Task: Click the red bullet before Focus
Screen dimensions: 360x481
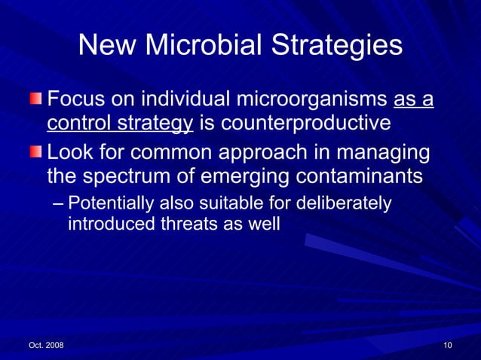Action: click(37, 100)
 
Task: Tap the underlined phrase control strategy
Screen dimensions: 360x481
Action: click(120, 122)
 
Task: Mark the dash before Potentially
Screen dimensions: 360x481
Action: click(60, 204)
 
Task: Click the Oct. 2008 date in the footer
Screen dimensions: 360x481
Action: click(46, 345)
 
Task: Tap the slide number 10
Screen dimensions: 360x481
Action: click(448, 345)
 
